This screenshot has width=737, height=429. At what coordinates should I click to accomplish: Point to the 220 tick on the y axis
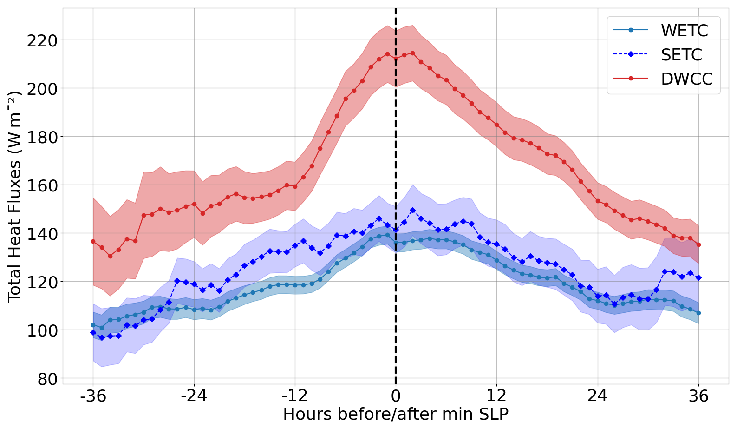(x=42, y=41)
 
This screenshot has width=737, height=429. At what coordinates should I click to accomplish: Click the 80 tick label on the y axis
(x=48, y=379)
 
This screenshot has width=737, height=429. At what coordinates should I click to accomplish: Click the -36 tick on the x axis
(x=93, y=396)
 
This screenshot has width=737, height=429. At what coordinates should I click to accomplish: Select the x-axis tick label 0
(x=396, y=396)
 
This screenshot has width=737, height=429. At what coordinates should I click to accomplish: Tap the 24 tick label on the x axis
(x=597, y=396)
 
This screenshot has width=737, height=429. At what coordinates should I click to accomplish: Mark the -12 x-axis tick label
(x=295, y=396)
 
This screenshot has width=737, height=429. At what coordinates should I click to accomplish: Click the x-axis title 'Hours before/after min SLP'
(x=396, y=414)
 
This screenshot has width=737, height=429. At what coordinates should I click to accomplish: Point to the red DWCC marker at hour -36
(x=93, y=242)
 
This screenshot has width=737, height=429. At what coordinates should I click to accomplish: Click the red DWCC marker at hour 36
(x=698, y=245)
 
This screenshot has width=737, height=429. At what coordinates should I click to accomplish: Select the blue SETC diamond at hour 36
(x=698, y=278)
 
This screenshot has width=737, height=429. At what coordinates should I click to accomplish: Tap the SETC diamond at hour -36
(x=93, y=333)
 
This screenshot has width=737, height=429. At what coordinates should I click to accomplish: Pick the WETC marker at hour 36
(x=698, y=313)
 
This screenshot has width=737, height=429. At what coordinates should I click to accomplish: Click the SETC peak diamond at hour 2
(x=412, y=211)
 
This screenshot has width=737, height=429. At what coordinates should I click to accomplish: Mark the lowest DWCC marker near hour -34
(x=110, y=256)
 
